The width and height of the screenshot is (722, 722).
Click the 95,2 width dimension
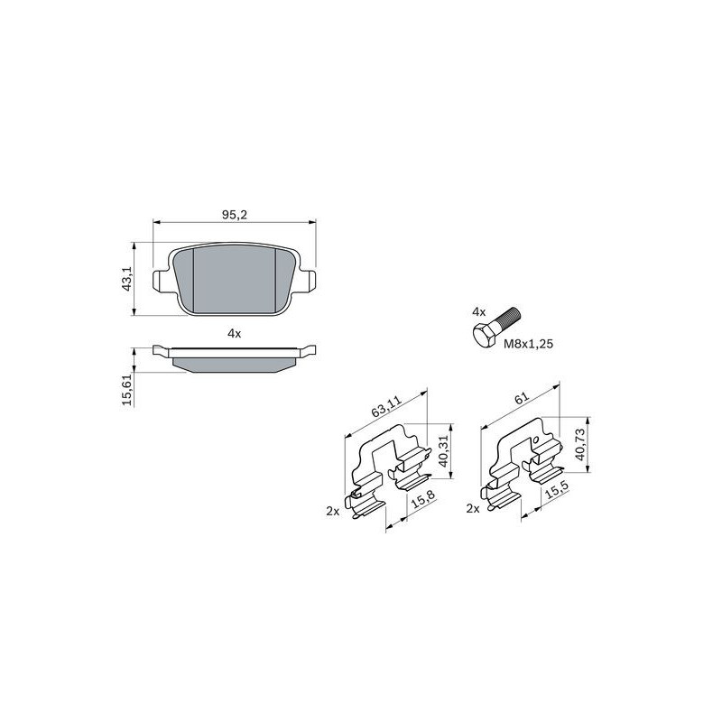click(x=235, y=215)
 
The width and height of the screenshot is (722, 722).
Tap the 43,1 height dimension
click(x=127, y=279)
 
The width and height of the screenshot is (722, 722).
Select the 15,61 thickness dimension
click(x=127, y=390)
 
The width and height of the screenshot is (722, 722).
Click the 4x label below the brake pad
click(x=235, y=333)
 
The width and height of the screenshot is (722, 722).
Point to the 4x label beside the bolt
click(x=479, y=311)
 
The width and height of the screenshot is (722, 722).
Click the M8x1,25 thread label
click(x=528, y=344)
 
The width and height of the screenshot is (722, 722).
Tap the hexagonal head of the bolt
click(x=485, y=335)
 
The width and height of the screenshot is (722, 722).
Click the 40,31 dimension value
click(x=443, y=451)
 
